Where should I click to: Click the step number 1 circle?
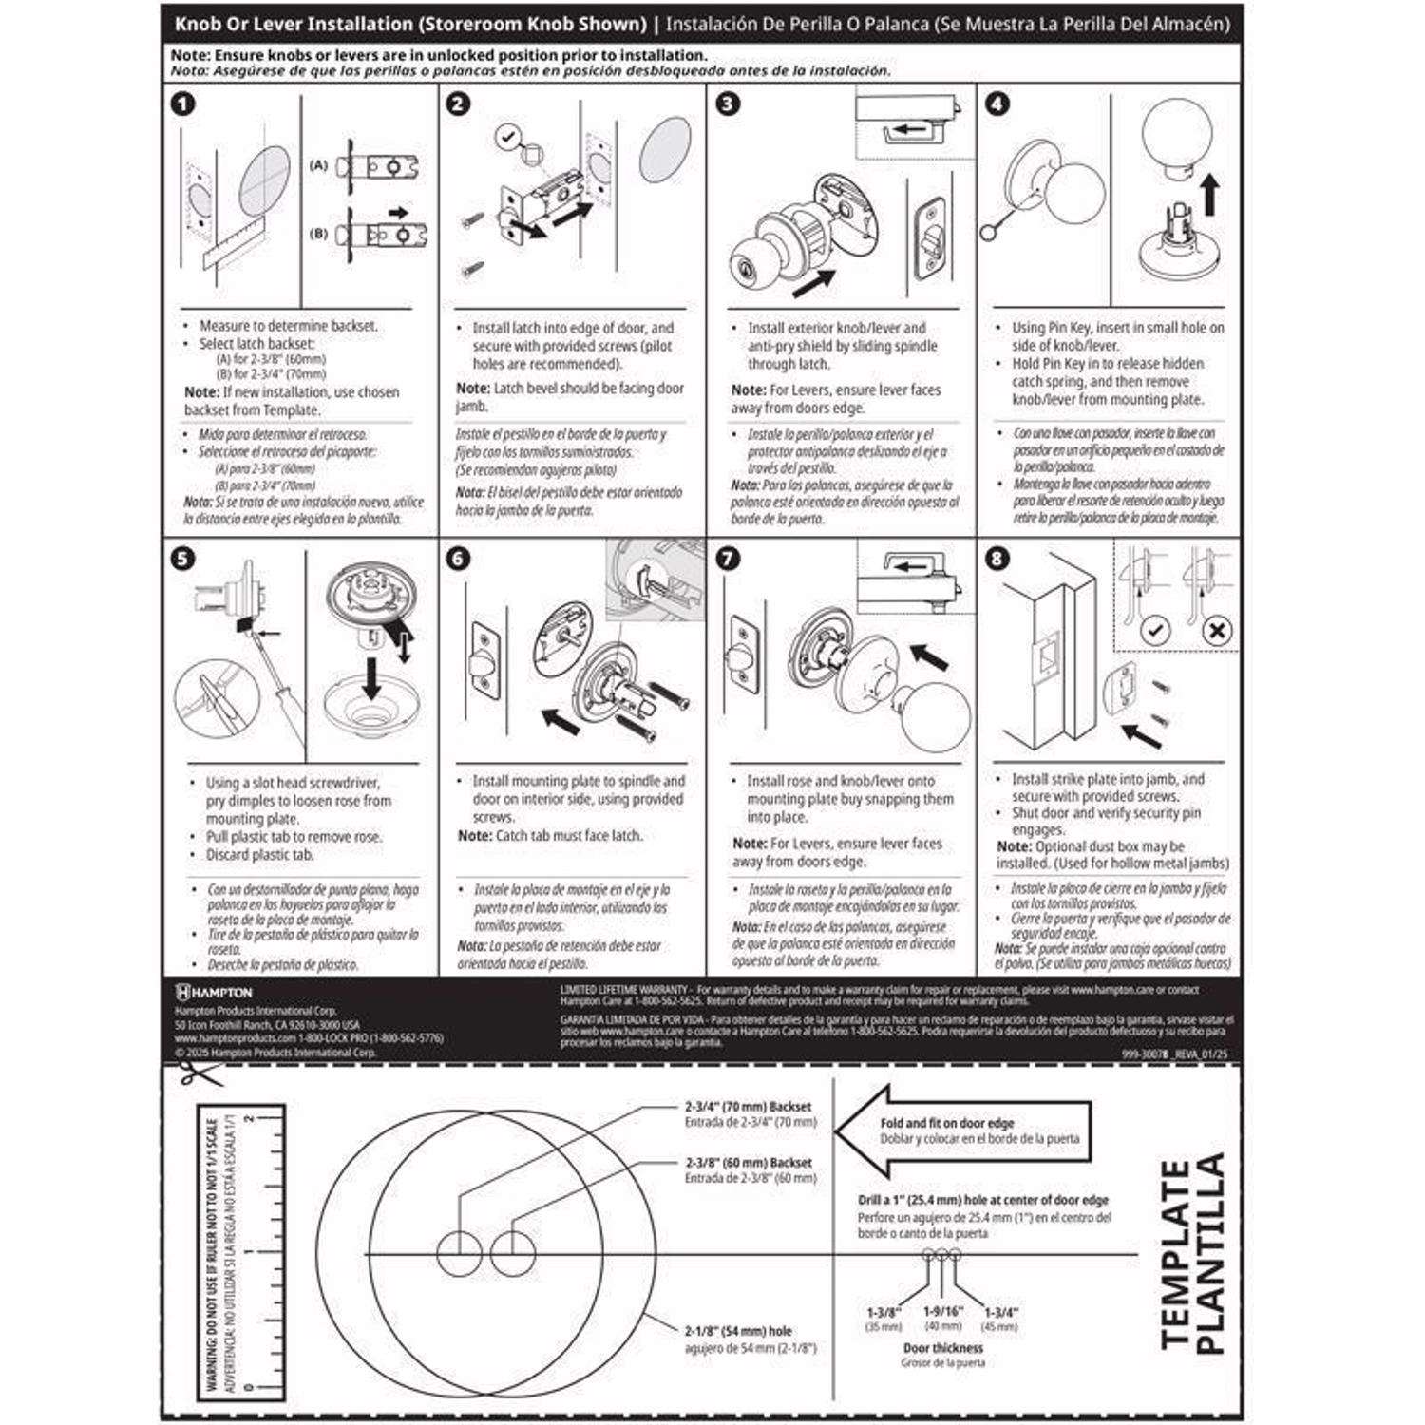(182, 104)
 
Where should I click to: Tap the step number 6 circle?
(458, 558)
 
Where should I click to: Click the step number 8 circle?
(997, 558)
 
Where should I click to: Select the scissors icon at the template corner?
(198, 1074)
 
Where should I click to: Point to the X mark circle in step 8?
(1217, 630)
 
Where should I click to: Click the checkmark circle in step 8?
(1154, 630)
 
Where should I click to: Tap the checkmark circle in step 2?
(508, 138)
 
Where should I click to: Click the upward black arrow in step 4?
(1209, 195)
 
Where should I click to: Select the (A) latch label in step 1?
(319, 165)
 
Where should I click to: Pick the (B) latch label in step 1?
(319, 233)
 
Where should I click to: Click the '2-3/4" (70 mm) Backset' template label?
(749, 1107)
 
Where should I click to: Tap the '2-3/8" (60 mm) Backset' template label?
(749, 1163)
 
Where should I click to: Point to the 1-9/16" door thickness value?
(942, 1311)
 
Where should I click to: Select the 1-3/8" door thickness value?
(883, 1312)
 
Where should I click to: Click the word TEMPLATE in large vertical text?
(1176, 1253)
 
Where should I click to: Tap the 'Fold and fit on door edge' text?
(946, 1123)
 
